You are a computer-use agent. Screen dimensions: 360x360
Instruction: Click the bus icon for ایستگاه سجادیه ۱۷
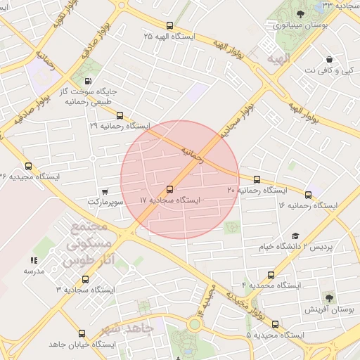click(169, 190)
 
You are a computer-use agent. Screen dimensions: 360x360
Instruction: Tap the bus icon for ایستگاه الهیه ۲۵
click(169, 25)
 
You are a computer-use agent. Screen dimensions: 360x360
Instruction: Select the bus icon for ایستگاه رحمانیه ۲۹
click(120, 115)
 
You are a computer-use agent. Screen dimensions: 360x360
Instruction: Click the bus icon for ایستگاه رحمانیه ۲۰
click(257, 179)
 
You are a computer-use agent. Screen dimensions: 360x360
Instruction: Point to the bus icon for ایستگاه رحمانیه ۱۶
click(308, 194)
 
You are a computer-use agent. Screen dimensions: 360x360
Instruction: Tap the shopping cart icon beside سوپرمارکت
click(105, 191)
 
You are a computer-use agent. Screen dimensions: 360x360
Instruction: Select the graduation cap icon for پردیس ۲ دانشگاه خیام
click(295, 236)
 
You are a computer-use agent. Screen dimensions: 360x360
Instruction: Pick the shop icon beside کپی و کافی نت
click(329, 60)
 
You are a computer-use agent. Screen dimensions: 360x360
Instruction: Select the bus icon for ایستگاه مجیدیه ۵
click(275, 324)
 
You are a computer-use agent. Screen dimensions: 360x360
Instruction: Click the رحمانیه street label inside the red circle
click(192, 154)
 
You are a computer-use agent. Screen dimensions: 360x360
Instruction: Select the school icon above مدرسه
click(34, 260)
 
